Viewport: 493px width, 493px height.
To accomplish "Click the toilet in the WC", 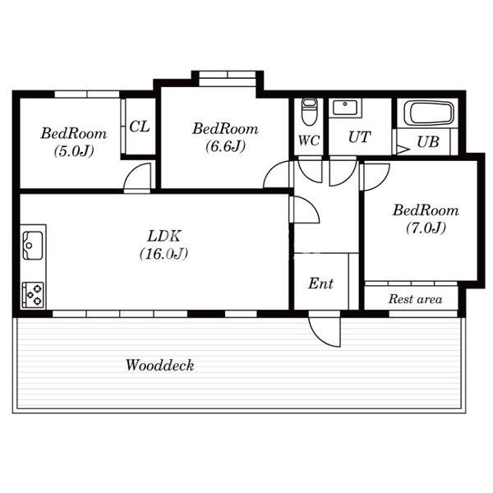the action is [309, 112].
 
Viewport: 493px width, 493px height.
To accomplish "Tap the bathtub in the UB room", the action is [429, 113].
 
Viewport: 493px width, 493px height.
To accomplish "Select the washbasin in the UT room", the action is [345, 108].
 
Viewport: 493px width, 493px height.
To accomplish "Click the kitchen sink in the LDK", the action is [32, 245].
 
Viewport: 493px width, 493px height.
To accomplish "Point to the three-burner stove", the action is [33, 295].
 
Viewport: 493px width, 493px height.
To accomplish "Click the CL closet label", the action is [140, 127].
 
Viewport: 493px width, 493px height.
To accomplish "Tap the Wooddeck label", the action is [159, 365].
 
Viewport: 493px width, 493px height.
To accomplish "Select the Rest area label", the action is [415, 299].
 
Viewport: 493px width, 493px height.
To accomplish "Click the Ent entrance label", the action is [320, 283].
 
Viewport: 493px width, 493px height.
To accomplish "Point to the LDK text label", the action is [164, 236].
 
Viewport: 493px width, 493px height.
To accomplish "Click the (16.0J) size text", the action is [164, 253].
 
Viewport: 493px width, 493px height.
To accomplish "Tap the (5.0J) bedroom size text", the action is [74, 151].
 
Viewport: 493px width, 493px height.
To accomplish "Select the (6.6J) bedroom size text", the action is [225, 146].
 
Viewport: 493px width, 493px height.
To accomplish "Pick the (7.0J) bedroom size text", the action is [426, 228].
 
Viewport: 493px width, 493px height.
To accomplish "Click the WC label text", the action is [309, 141].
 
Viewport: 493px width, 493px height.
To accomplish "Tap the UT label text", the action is [359, 137].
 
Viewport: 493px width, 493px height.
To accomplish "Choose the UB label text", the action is [428, 142].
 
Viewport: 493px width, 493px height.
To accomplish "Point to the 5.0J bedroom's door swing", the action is [137, 177].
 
